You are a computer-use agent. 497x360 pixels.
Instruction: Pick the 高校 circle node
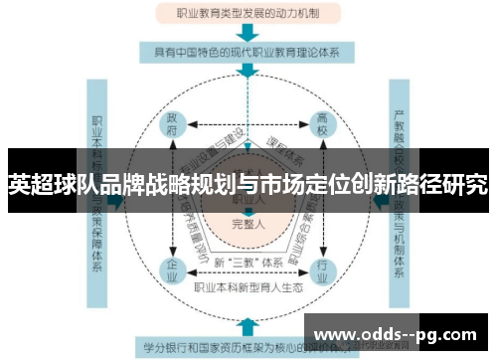[322, 124]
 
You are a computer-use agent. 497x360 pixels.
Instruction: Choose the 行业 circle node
[322, 268]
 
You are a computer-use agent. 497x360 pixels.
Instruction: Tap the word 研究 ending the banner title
[467, 184]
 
